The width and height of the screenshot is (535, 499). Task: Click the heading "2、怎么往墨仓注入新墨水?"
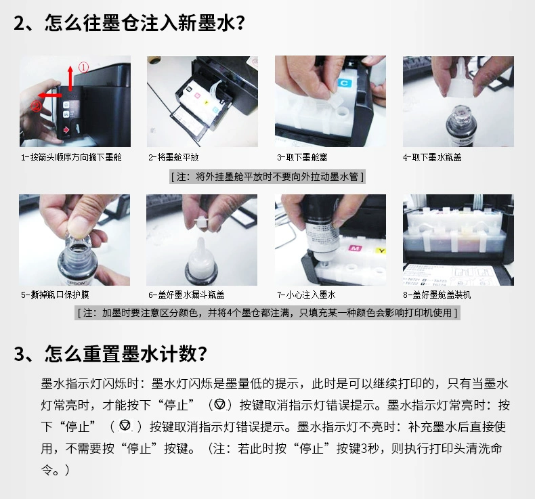coord(129,23)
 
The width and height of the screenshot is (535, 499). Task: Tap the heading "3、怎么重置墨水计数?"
coord(110,353)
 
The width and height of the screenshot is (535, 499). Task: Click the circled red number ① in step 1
coord(84,67)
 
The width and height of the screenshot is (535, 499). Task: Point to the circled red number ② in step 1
coord(36,106)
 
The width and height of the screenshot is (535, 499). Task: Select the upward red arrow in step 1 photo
coord(70,78)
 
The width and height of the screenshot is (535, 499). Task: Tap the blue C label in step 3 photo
coord(344,83)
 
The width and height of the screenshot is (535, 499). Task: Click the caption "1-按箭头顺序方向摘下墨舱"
coord(71,157)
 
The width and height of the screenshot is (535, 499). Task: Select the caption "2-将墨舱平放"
coord(173,157)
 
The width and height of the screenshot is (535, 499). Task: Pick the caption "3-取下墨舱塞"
coord(302,157)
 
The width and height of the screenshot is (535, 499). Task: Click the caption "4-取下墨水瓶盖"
coord(432,157)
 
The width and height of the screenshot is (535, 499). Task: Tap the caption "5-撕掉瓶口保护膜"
coord(55,295)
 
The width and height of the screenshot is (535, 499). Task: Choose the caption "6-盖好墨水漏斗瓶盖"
coord(186,295)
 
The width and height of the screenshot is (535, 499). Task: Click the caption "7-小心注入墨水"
coord(306,295)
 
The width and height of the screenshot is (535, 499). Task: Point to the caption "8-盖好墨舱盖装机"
coord(437,295)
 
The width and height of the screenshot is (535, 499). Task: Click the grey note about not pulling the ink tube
coord(267,177)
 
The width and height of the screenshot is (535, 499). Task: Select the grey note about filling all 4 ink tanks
coord(267,313)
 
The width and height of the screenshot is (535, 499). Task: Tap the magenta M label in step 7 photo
coord(354,248)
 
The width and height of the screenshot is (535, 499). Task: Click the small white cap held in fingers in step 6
coord(201,221)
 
